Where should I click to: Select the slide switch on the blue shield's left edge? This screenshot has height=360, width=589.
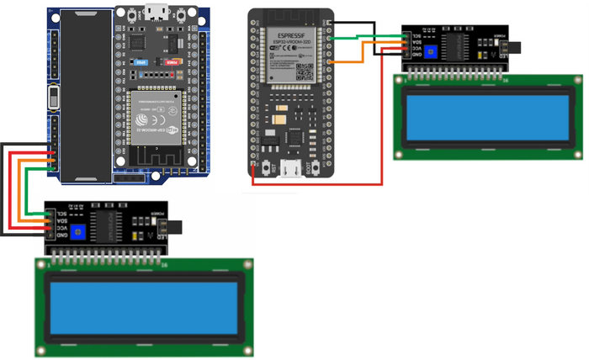pyautogui.click(x=54, y=99)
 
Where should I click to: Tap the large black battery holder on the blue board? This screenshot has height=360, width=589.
pyautogui.click(x=84, y=93)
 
